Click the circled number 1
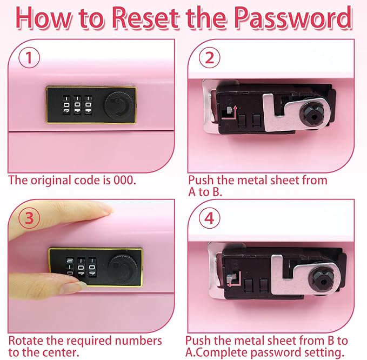[29, 57]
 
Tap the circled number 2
[210, 57]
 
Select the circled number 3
[29, 218]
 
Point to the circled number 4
[210, 218]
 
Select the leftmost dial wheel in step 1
[66, 105]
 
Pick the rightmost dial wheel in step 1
[88, 105]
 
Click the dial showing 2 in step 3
[70, 266]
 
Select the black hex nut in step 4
[323, 279]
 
